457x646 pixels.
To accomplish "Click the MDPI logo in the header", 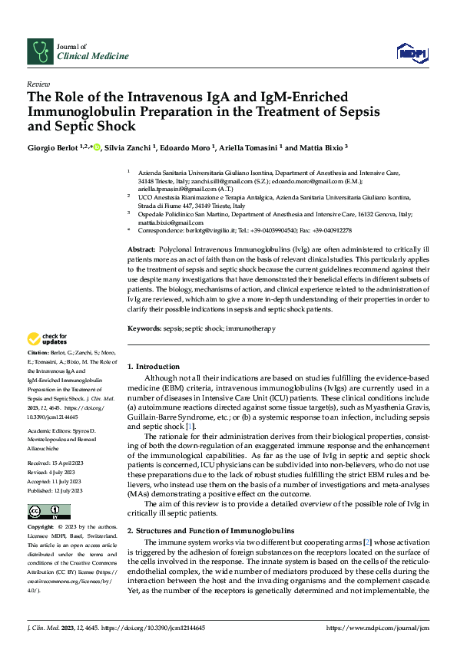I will pyautogui.click(x=412, y=52).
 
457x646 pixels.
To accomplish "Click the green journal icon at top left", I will pyautogui.click(x=39, y=51).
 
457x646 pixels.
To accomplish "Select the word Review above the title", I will pyautogui.click(x=38, y=84).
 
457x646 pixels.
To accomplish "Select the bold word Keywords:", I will pyautogui.click(x=144, y=328).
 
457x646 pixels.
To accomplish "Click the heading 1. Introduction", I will pyautogui.click(x=154, y=367).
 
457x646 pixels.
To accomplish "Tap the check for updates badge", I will pyautogui.click(x=47, y=338).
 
